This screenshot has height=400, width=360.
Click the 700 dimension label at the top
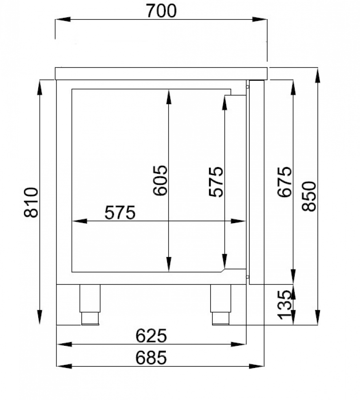click(161, 11)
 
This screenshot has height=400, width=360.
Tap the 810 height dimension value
click(31, 202)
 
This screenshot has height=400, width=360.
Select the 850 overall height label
click(309, 196)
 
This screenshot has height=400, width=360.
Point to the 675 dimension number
click(284, 182)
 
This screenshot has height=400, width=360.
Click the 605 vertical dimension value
click(160, 180)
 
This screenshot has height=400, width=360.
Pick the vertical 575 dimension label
click(216, 182)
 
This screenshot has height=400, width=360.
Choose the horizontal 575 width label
click(120, 212)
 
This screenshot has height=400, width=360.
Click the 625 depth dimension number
click(151, 336)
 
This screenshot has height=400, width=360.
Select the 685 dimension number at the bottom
click(151, 358)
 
